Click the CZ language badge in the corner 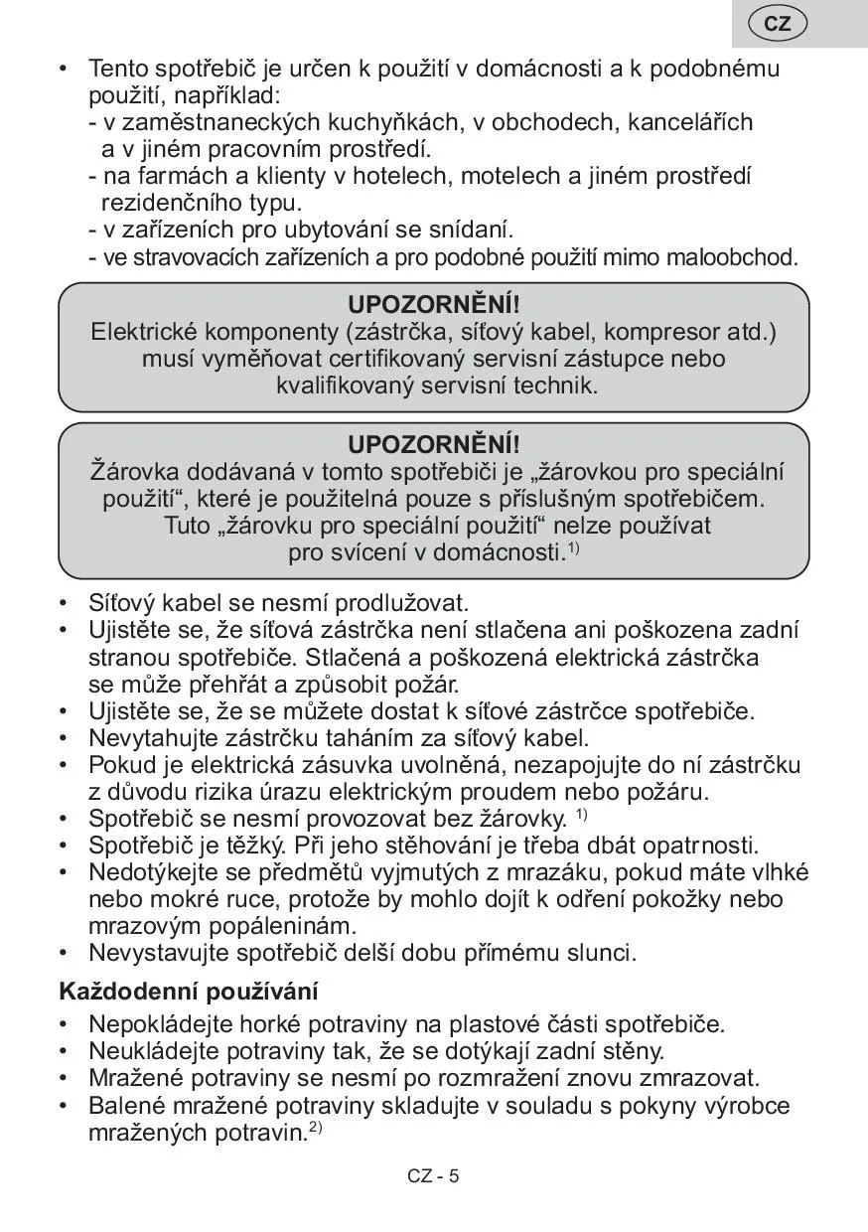point(778,23)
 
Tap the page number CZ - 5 point(433,1176)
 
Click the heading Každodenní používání point(189,991)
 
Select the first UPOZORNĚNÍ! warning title point(434,304)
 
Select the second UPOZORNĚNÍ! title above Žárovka point(434,444)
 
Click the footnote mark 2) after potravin point(315,1128)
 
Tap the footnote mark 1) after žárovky point(581,816)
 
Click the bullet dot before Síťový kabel point(65,603)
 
